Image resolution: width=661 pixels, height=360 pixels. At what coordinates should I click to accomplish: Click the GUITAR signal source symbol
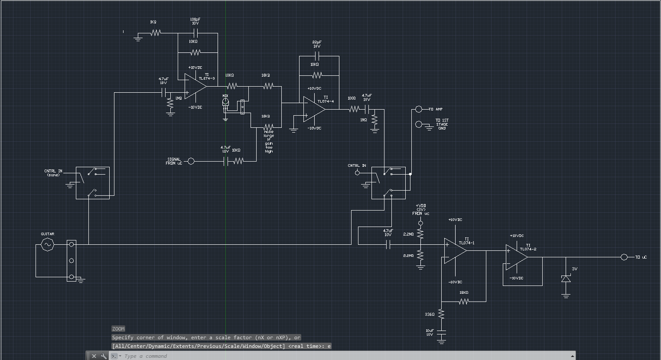(47, 245)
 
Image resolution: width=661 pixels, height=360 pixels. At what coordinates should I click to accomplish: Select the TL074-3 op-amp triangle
(195, 86)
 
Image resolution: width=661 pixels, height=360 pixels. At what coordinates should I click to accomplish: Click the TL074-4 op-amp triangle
(313, 109)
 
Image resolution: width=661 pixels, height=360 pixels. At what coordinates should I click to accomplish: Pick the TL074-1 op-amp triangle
(455, 251)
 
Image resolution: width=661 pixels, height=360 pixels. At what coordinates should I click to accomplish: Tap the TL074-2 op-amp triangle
(516, 257)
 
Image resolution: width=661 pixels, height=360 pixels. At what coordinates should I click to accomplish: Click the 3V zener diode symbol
(566, 279)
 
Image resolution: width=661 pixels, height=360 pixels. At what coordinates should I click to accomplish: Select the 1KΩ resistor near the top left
(156, 33)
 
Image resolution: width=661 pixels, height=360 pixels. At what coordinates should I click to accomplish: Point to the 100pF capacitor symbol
(195, 33)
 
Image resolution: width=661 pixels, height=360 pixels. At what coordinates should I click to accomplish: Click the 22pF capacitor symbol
(316, 56)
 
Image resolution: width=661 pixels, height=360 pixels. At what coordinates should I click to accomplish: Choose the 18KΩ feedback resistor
(463, 302)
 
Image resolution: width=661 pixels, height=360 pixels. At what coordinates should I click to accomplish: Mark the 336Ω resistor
(441, 314)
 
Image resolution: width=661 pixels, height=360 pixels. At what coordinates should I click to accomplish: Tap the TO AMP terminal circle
(418, 109)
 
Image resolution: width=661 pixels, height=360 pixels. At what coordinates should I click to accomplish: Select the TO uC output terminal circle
(624, 257)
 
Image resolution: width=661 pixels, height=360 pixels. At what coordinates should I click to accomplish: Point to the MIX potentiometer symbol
(225, 102)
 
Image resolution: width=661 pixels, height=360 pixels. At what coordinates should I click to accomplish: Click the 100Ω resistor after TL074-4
(353, 109)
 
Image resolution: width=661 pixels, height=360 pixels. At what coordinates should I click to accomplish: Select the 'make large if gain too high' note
(269, 142)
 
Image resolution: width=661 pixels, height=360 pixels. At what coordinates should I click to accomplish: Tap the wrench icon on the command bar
(104, 356)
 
